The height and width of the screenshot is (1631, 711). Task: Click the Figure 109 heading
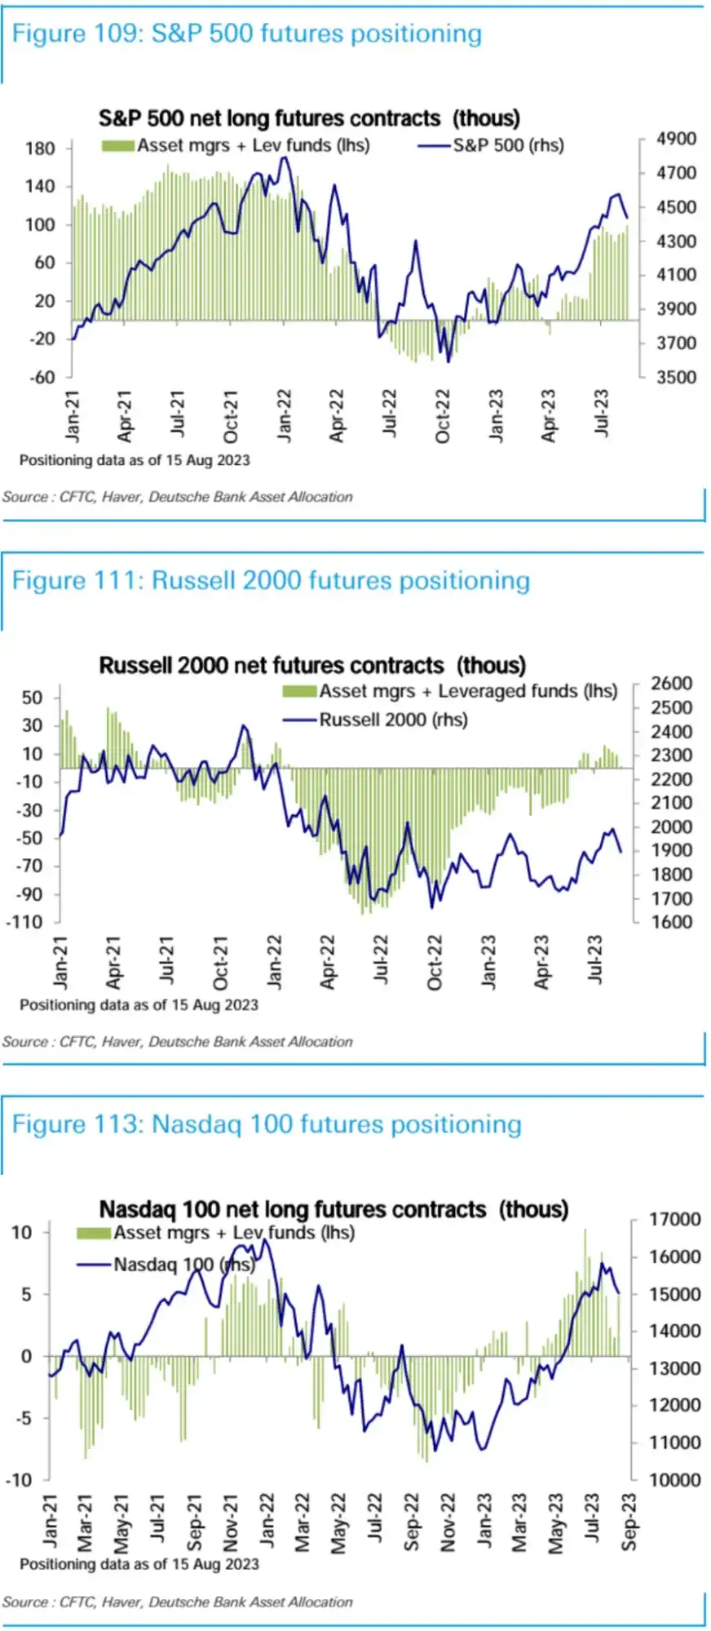pyautogui.click(x=246, y=33)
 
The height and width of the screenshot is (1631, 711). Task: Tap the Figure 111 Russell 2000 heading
pyautogui.click(x=270, y=580)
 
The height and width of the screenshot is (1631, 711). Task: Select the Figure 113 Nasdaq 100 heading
pyautogui.click(x=266, y=1124)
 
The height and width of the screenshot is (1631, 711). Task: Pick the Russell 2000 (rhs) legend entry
pyautogui.click(x=392, y=720)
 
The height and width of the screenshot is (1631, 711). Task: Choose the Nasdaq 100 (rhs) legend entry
pyautogui.click(x=183, y=1265)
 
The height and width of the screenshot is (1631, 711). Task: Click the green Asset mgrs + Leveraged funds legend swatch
pyautogui.click(x=299, y=692)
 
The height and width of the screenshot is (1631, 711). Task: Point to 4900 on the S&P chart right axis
pyautogui.click(x=676, y=139)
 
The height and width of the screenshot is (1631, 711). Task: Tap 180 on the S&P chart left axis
pyautogui.click(x=40, y=148)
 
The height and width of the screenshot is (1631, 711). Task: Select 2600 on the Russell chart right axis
pyautogui.click(x=671, y=684)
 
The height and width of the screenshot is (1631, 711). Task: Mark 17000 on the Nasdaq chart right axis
pyautogui.click(x=674, y=1220)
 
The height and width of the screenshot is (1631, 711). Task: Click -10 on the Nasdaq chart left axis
pyautogui.click(x=21, y=1479)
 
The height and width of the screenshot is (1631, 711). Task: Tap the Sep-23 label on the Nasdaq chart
pyautogui.click(x=629, y=1522)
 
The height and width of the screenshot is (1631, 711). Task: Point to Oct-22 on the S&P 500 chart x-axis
pyautogui.click(x=443, y=415)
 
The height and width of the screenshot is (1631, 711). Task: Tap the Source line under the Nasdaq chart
pyautogui.click(x=177, y=1602)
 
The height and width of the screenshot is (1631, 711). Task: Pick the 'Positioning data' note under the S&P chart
pyautogui.click(x=135, y=460)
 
